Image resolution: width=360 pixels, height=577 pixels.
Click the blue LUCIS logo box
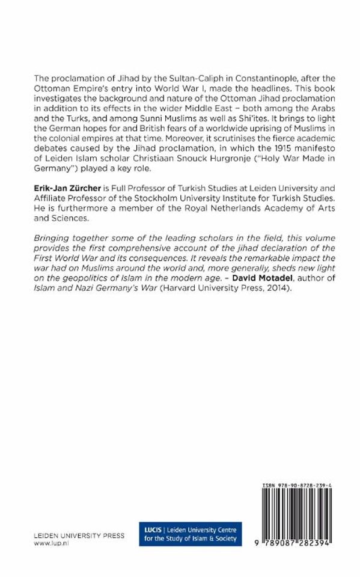click(189, 533)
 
